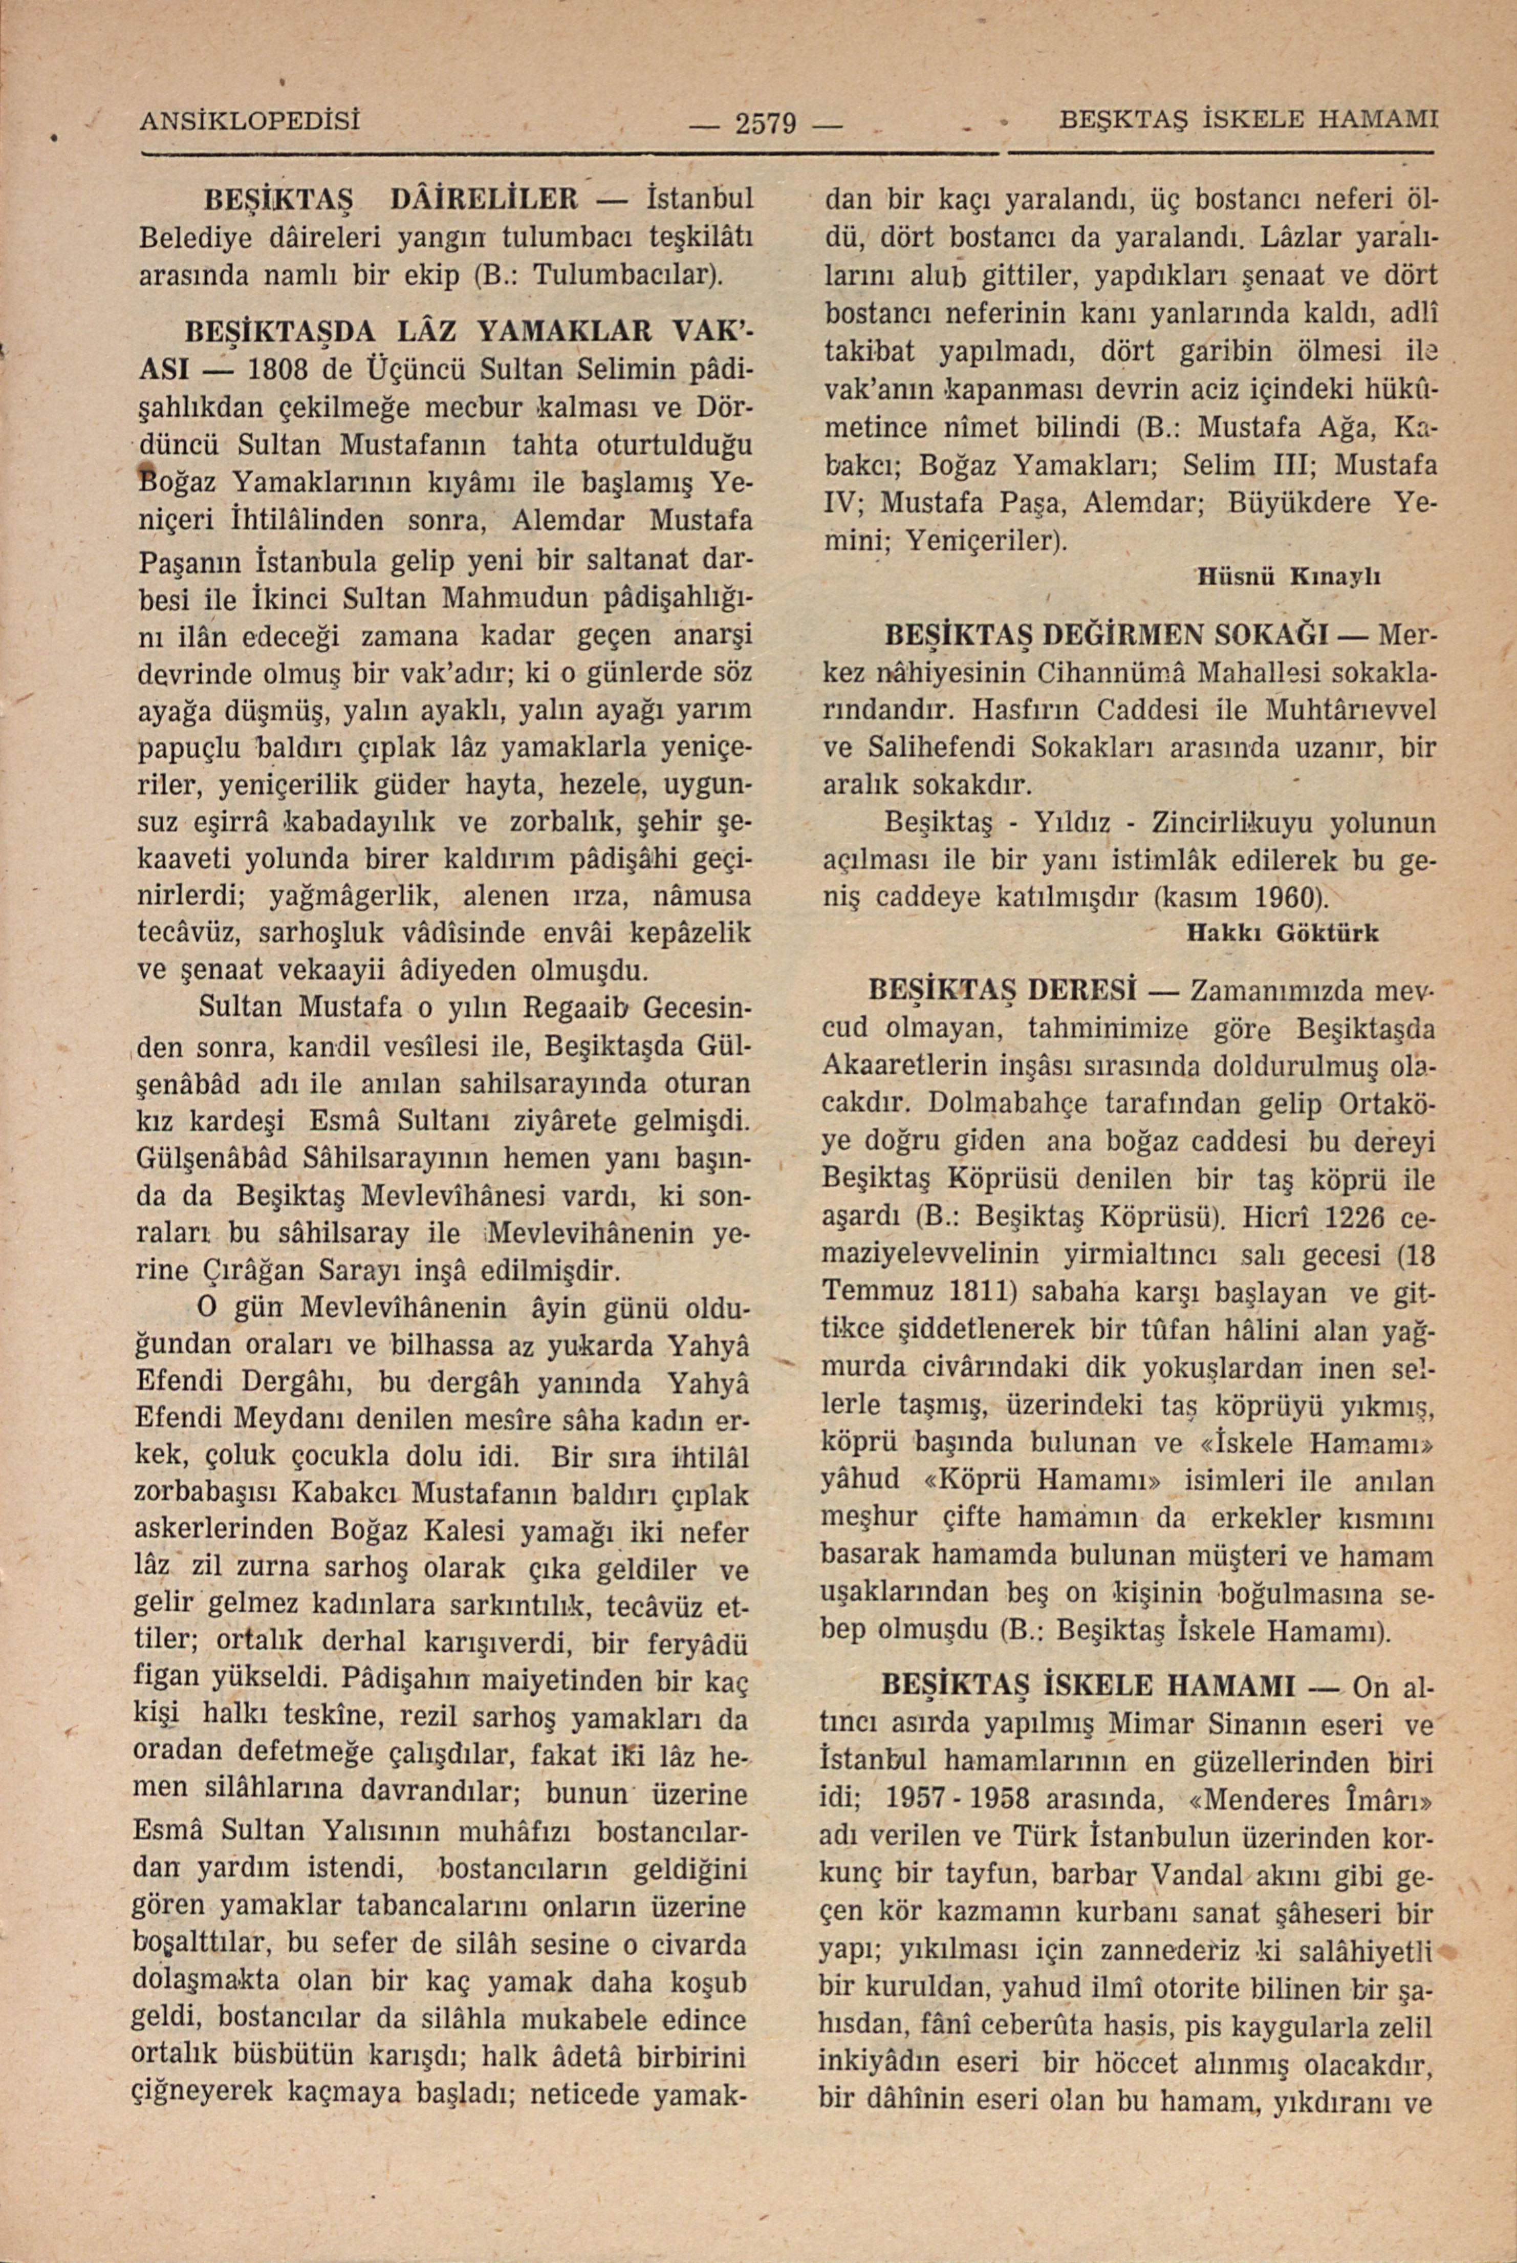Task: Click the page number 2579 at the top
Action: (764, 124)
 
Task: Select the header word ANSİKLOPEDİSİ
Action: (250, 122)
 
